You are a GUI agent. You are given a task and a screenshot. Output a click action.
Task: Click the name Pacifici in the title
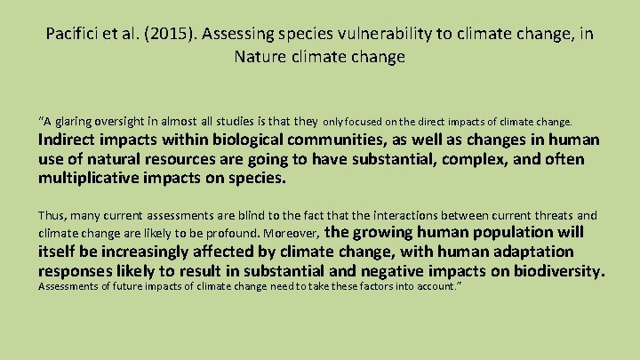(x=72, y=35)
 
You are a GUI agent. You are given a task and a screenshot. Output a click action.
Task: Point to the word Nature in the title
(x=259, y=58)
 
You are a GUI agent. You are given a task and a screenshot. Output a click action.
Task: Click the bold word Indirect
(x=72, y=140)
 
